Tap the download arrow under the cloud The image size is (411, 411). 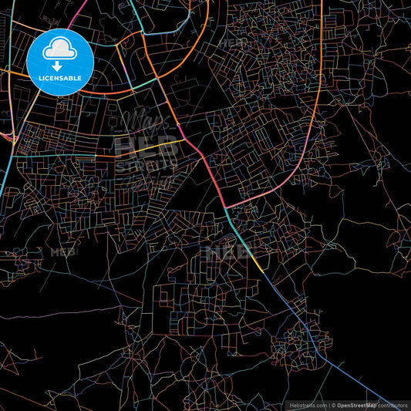[x=59, y=66]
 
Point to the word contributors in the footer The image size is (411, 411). [x=393, y=404]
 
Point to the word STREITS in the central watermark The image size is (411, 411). [x=147, y=164]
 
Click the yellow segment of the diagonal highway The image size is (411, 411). [x=258, y=262]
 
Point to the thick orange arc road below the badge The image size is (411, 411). [x=116, y=91]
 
